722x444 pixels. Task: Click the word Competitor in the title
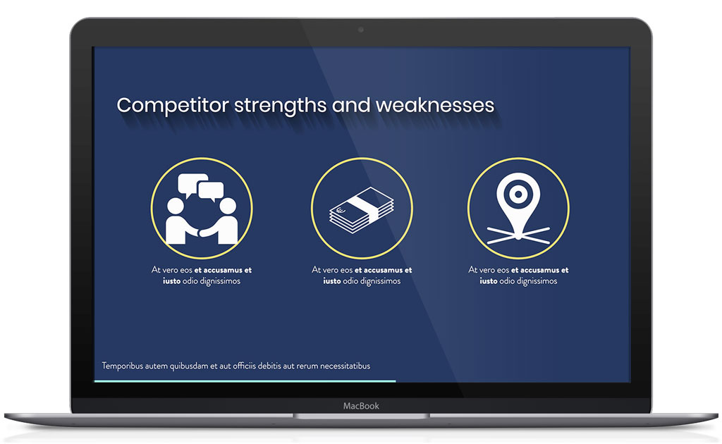173,106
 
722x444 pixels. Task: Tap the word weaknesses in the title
435,106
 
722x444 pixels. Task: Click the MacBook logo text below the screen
361,406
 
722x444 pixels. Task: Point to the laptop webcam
361,30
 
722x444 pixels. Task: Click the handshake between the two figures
201,232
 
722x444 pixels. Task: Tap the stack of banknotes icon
362,210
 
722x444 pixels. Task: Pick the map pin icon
518,208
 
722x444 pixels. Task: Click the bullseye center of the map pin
518,195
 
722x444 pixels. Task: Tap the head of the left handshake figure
175,206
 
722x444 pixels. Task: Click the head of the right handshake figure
228,206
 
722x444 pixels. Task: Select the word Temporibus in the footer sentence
122,366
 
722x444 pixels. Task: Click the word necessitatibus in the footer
345,366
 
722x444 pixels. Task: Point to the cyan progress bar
245,381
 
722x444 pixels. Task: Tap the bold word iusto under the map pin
489,281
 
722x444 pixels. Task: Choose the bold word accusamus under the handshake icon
224,270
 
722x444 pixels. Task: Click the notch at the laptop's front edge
361,416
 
